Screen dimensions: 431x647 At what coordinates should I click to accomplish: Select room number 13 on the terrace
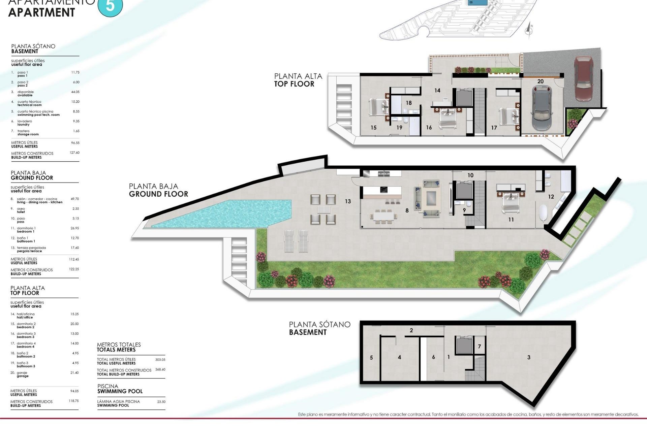coord(348,201)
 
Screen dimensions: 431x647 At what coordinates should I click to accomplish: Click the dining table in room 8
coord(383,216)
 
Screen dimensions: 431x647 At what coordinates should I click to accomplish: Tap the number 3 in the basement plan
coord(529,357)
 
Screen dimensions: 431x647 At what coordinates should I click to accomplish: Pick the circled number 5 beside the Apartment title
coord(110,6)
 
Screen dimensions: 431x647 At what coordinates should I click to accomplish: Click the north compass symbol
coord(529,30)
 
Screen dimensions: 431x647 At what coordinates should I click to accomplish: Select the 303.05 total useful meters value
coord(160,360)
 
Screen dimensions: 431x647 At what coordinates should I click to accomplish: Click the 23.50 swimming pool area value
coord(161,402)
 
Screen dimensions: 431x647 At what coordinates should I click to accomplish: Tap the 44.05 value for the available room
coord(75,92)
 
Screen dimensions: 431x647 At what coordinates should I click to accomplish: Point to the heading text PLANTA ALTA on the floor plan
coord(298,76)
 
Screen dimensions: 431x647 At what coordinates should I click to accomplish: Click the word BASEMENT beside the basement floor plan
coord(308,332)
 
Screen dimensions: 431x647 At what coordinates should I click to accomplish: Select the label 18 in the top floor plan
coord(409,103)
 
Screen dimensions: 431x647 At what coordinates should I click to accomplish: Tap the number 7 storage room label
coord(479,346)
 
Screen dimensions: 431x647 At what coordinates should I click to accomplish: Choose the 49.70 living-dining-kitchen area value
coord(74,199)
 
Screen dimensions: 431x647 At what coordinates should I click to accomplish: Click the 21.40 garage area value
coord(74,373)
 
